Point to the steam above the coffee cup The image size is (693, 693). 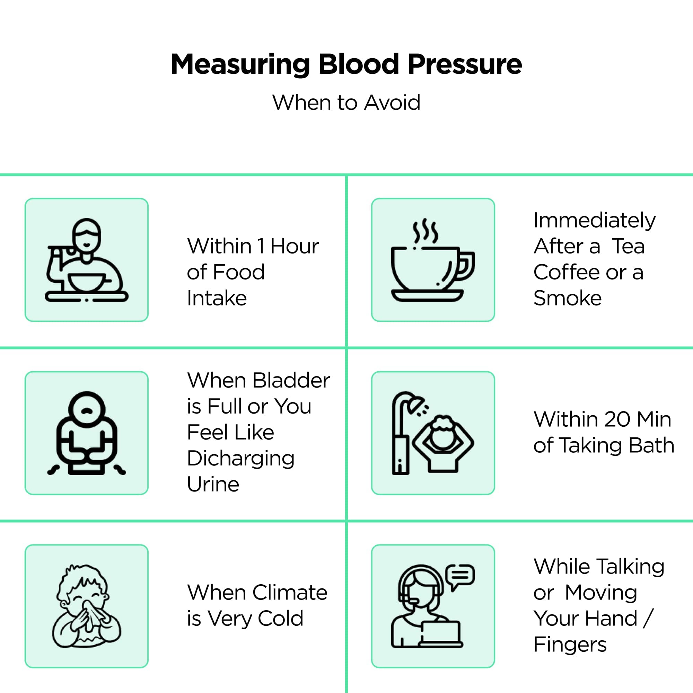(425, 231)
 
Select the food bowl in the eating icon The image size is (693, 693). (87, 281)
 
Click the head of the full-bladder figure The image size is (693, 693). (87, 409)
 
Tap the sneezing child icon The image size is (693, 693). (87, 606)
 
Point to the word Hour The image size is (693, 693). (294, 247)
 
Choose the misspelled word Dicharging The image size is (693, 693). (240, 459)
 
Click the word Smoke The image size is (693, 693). (567, 298)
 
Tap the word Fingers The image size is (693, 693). (570, 645)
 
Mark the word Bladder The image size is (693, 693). (291, 381)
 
